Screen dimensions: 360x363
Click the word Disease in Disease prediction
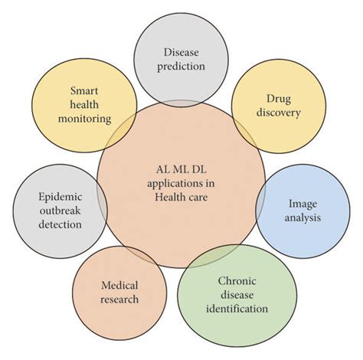click(181, 52)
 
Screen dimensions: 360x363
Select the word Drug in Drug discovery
click(273, 98)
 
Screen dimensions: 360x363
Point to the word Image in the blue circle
click(302, 204)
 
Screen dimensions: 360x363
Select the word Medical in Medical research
click(119, 285)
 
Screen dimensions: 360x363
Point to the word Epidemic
click(60, 197)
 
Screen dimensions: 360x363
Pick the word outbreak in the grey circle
click(60, 211)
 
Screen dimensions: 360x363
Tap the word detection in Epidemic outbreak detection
click(60, 225)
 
